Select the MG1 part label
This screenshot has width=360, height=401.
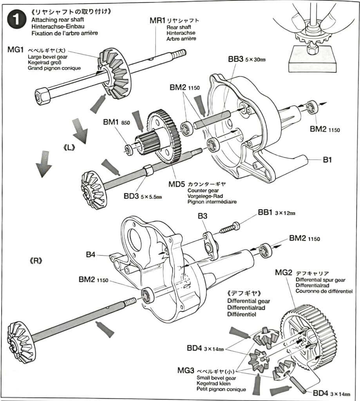[16, 50]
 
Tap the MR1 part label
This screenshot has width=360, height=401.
[157, 20]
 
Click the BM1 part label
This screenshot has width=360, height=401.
[112, 122]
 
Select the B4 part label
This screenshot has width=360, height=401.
[90, 255]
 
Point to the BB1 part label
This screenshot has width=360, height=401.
[266, 212]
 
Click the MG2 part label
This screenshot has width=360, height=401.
[284, 273]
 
